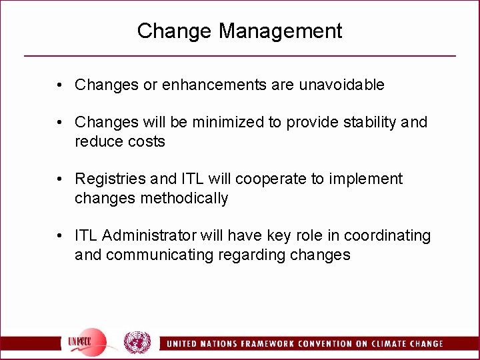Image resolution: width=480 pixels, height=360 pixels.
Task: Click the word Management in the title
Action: (280, 31)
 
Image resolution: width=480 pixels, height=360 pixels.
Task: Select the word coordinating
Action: (387, 236)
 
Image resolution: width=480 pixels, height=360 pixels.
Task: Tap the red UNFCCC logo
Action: (87, 341)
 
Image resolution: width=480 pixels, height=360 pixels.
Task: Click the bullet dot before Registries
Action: (60, 179)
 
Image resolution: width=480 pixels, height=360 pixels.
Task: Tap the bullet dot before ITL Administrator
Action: (60, 236)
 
